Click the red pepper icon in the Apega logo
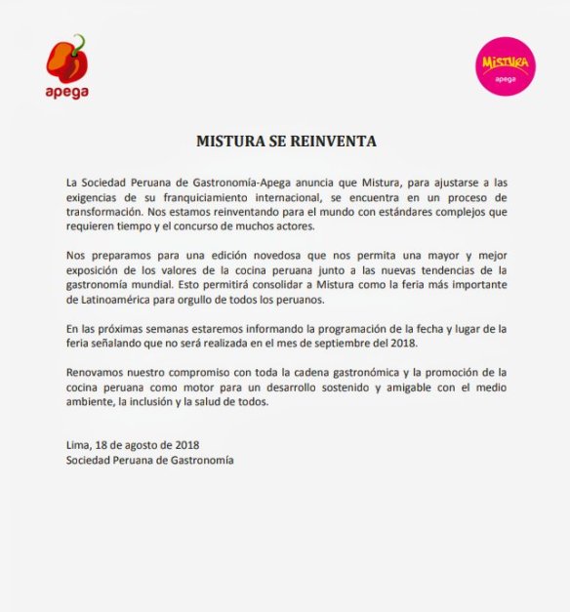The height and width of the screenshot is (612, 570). coord(67,60)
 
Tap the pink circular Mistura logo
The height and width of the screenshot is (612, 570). coord(507,66)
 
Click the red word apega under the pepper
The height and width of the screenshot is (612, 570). coord(66,93)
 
